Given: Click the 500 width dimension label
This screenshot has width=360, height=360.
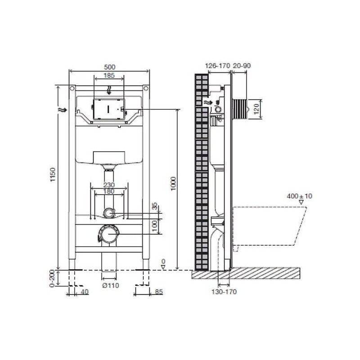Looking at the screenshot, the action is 109,67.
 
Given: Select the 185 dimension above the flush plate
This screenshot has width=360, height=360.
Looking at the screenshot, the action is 109,75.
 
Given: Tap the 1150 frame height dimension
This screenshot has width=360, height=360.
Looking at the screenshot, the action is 53,175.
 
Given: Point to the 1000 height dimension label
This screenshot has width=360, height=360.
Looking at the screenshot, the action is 173,184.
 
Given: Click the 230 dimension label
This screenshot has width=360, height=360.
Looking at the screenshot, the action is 109,185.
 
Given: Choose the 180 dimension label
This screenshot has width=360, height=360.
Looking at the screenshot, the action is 109,191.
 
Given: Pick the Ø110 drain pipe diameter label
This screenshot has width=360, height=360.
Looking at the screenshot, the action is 111,285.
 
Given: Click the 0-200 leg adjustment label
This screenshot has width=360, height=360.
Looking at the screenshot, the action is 52,278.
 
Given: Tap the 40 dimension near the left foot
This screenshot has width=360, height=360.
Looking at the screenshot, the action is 85,292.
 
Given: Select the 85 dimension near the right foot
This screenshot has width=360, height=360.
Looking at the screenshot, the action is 159,292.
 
